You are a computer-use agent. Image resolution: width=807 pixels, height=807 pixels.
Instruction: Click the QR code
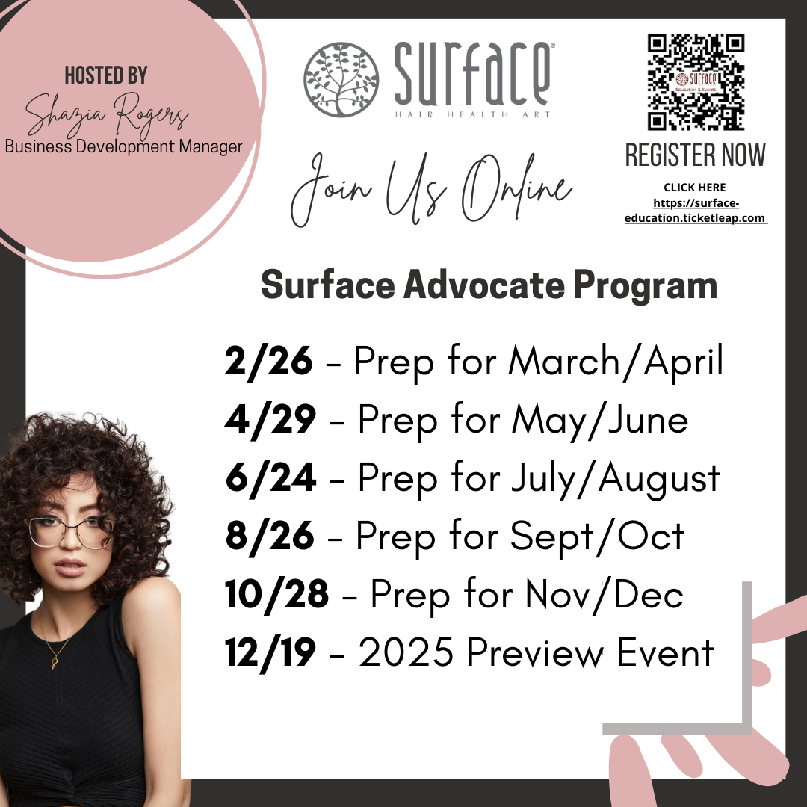696,81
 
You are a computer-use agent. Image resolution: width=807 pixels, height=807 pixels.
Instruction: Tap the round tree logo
340,79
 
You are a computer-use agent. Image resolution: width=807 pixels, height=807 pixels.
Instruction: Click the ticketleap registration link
696,211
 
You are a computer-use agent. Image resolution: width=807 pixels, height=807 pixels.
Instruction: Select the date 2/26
268,362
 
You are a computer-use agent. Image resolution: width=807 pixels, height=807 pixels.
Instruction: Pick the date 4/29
270,420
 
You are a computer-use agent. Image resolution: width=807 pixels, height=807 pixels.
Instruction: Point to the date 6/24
270,478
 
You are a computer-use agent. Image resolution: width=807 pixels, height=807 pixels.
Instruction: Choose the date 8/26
268,536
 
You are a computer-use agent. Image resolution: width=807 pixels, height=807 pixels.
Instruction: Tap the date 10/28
276,594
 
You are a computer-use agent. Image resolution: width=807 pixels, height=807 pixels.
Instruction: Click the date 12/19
270,653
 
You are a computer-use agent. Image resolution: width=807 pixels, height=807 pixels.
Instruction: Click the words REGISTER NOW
696,155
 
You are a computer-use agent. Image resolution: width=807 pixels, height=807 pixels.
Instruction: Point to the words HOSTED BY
106,75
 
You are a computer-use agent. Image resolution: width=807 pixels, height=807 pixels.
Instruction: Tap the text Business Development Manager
123,146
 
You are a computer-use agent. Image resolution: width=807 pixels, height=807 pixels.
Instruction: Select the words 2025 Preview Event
537,653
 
